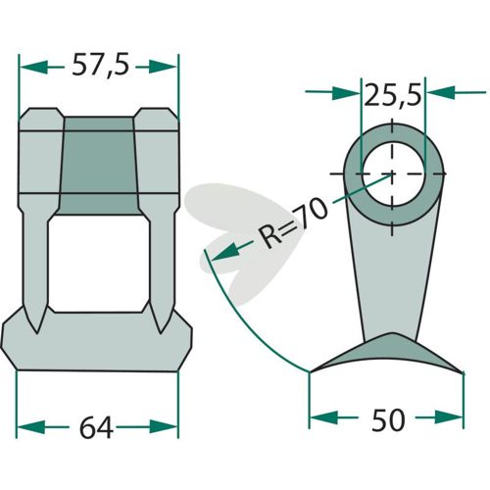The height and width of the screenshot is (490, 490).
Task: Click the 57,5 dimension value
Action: [100, 66]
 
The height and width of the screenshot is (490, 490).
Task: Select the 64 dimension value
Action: [96, 427]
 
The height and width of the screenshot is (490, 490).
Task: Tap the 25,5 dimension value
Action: [392, 95]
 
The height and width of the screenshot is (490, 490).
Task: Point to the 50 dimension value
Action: [388, 419]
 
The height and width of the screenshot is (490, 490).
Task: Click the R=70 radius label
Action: [292, 222]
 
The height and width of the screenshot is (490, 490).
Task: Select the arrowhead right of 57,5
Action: [163, 67]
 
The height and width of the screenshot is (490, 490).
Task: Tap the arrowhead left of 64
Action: [30, 427]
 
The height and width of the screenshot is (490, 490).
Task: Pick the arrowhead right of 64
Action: [164, 426]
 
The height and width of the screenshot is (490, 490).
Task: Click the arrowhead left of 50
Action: [323, 417]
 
